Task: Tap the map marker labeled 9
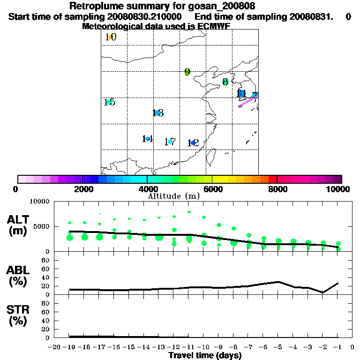click(x=187, y=72)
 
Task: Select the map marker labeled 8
click(x=225, y=82)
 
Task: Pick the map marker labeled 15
click(x=109, y=102)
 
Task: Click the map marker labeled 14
click(x=148, y=139)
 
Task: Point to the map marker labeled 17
click(x=170, y=142)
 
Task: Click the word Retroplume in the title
click(x=94, y=6)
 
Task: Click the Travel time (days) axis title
click(x=205, y=355)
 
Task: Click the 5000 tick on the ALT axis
click(x=42, y=226)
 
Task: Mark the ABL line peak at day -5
click(x=278, y=282)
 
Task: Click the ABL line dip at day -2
click(x=323, y=292)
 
